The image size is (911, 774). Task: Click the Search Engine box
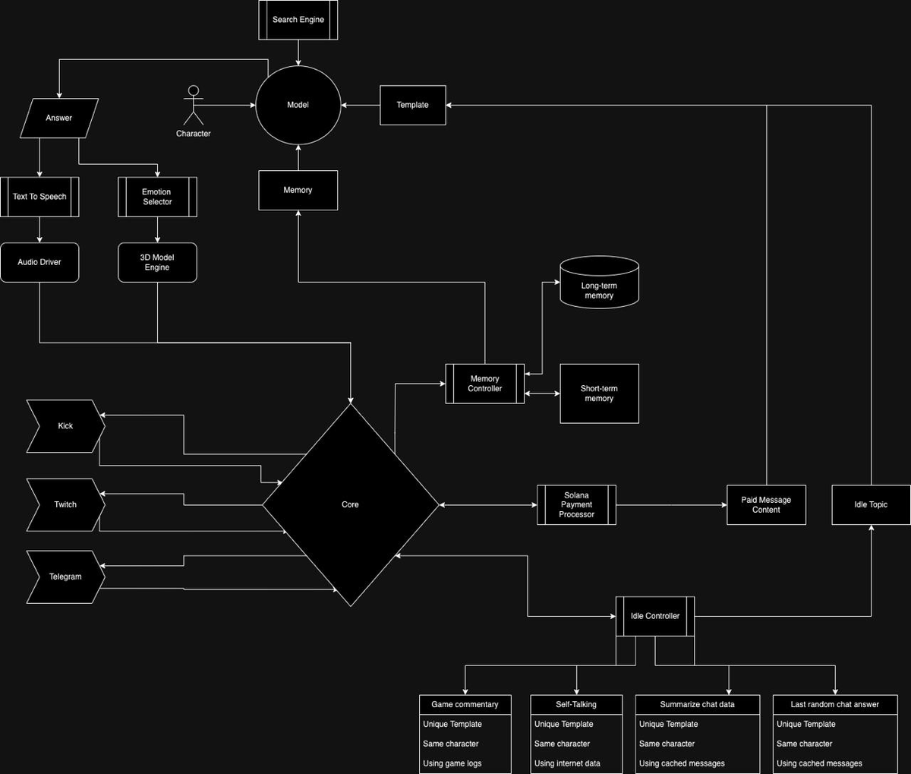tap(298, 20)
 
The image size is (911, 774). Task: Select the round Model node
tap(298, 105)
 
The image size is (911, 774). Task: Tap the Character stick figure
tap(194, 106)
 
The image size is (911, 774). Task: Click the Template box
tap(412, 105)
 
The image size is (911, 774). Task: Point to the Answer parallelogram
tap(59, 118)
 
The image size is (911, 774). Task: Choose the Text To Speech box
tap(39, 197)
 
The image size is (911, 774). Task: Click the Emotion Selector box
tap(157, 197)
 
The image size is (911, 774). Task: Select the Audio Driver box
tap(39, 262)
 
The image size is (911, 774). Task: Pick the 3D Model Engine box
tap(157, 262)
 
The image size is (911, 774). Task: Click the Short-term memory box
tap(599, 393)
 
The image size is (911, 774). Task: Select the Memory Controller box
tap(484, 384)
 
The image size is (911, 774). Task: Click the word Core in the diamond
tap(350, 504)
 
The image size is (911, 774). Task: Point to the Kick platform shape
tap(65, 426)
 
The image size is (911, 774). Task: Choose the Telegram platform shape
tap(65, 577)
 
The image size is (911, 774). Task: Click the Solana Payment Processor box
tap(576, 505)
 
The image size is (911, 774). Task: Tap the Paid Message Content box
tap(766, 505)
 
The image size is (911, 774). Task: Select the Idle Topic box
tap(871, 505)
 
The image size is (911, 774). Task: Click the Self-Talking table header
tap(576, 705)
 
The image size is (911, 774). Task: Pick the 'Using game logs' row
tap(452, 763)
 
